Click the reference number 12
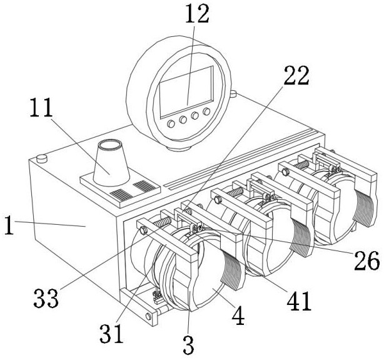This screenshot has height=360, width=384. coord(197,14)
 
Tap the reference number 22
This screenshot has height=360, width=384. coord(296,76)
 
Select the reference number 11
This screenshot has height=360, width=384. coord(41,108)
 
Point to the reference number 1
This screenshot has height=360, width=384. coord(9,225)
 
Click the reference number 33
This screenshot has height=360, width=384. coord(46,298)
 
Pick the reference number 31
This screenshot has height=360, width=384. coord(111,334)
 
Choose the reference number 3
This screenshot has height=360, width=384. coord(189,344)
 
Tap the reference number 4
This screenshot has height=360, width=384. coord(238,315)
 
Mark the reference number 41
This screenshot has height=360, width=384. coord(299,301)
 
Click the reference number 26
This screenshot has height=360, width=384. coord(367,260)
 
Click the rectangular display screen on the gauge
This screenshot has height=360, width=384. coord(186,91)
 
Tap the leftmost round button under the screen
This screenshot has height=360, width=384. coord(171,124)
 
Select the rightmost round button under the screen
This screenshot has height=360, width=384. coord(206,111)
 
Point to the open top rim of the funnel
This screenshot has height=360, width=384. coord(110,145)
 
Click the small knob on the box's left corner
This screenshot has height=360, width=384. coord(42,158)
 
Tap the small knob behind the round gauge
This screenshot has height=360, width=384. coord(233,93)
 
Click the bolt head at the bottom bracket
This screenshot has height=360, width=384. coord(148,316)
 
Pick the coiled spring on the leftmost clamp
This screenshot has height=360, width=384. coord(162,222)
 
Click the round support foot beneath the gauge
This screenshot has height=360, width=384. coord(178,148)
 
